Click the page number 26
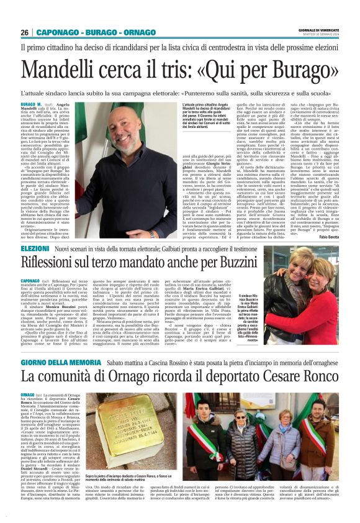click(25, 32)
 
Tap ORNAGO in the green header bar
click(140, 32)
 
